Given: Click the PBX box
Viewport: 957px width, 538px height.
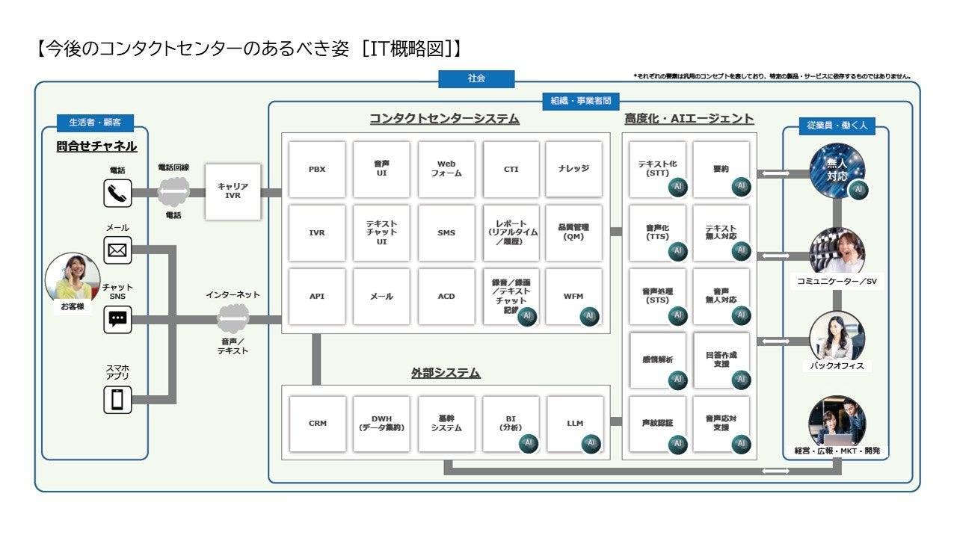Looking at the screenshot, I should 317,170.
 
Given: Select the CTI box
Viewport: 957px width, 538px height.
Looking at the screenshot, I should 511,170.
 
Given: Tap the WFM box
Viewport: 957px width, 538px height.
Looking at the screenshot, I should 573,297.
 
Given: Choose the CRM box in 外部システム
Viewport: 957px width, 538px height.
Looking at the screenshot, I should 317,424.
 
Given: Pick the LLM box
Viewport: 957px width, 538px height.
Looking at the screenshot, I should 574,424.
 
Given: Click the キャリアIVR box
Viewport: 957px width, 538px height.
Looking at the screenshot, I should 233,191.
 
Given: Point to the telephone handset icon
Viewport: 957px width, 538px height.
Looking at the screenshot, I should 117,194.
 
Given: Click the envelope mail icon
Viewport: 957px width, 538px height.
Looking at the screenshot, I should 117,250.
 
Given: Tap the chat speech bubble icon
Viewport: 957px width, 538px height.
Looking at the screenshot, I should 117,320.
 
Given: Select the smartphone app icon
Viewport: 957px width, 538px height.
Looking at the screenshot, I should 117,399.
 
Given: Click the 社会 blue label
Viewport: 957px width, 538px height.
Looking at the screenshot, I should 476,78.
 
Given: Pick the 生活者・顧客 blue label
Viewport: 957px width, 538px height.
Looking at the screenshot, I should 95,122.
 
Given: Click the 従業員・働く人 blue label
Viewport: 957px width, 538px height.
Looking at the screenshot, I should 837,126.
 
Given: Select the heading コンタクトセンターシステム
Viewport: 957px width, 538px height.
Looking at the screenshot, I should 444,120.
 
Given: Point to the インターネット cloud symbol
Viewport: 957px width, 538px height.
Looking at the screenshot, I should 233,319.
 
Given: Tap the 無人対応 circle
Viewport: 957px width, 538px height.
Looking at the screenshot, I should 837,169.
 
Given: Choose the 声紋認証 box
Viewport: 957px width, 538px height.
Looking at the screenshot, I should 658,424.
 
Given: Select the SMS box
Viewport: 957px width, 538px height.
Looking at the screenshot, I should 446,233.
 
